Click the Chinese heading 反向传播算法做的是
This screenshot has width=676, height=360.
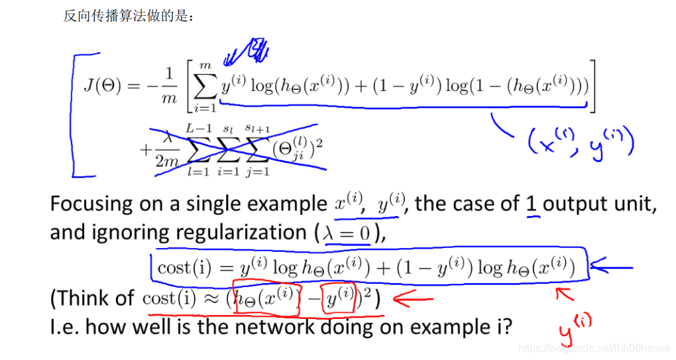tap(129, 17)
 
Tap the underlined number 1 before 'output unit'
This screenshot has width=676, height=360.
tap(531, 204)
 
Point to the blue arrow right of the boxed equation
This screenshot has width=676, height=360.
tap(610, 268)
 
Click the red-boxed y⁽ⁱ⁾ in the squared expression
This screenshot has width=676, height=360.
tap(339, 298)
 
